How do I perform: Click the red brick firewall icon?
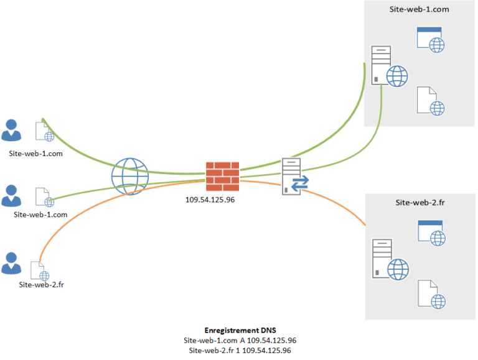point(222,177)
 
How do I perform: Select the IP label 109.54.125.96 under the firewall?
point(210,200)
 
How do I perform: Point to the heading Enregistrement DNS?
point(240,330)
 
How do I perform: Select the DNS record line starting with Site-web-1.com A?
point(240,340)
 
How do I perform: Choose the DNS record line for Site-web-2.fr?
point(240,350)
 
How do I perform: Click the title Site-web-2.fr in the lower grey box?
point(420,203)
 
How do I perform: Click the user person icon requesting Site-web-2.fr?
point(11,263)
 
